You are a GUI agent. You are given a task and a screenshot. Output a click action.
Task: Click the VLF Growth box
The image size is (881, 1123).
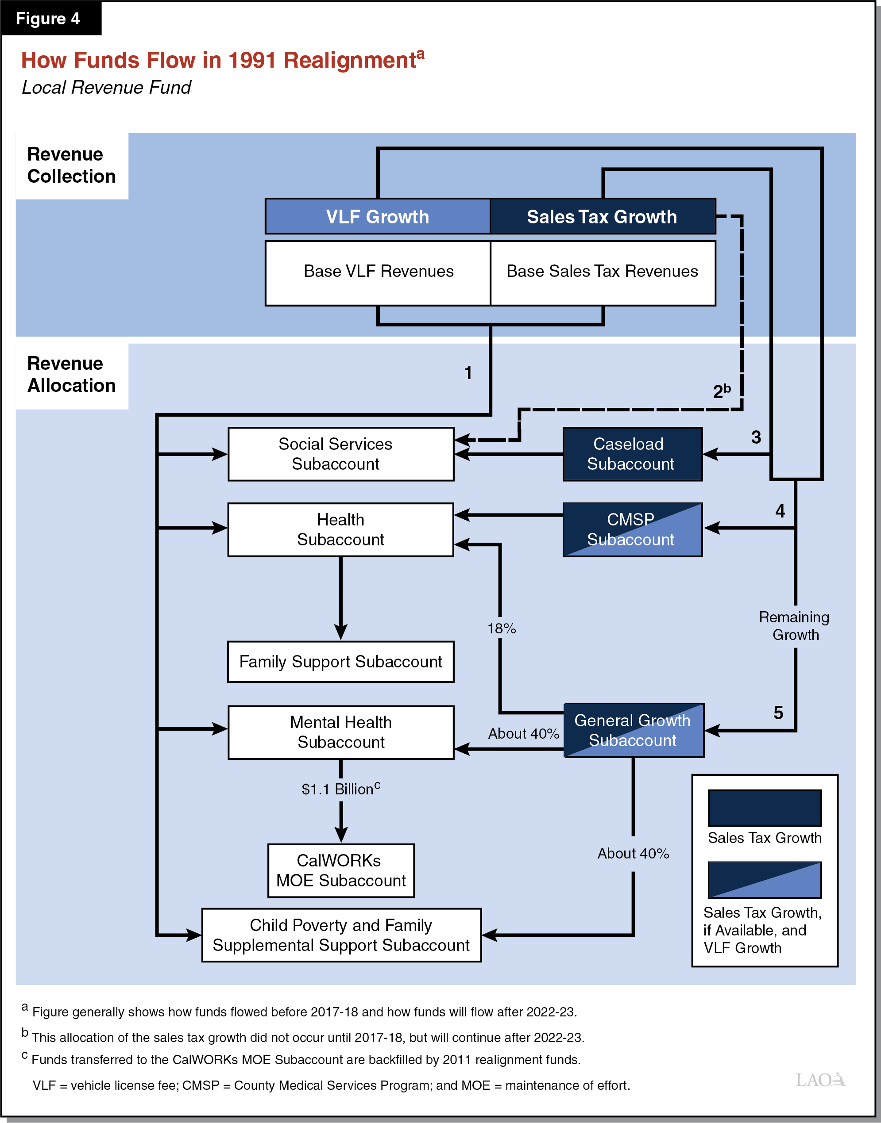point(378,216)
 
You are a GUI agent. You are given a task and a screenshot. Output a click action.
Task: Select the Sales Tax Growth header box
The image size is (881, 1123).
point(602,216)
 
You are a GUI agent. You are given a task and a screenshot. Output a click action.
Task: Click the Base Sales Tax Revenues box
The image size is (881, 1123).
point(602,272)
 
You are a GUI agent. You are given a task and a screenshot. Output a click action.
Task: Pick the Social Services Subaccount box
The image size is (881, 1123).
point(340,454)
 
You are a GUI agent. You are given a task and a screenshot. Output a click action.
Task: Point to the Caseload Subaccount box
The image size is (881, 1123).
point(632,454)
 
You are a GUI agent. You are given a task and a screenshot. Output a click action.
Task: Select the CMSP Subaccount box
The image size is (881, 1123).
point(632,529)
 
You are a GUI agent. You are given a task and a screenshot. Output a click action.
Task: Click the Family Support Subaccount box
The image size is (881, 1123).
point(340,661)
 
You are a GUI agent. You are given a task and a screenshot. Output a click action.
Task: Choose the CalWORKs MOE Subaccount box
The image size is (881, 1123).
point(340,870)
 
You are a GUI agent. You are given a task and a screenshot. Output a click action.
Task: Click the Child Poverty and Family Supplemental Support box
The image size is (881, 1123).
point(340,935)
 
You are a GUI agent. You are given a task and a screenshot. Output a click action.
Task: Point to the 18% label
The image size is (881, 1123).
point(501,628)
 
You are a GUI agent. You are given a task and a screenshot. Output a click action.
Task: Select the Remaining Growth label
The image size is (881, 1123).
point(794,626)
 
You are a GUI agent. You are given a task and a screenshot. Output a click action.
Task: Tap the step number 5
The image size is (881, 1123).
point(778,713)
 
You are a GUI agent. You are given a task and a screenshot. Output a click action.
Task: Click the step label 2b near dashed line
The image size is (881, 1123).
point(721,391)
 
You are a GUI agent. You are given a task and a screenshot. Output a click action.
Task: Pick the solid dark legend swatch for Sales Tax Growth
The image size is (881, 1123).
point(765,808)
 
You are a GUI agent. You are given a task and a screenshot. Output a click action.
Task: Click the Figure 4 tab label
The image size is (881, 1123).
point(48,19)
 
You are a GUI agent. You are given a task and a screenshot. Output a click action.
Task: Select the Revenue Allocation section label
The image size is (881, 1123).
point(71,375)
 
